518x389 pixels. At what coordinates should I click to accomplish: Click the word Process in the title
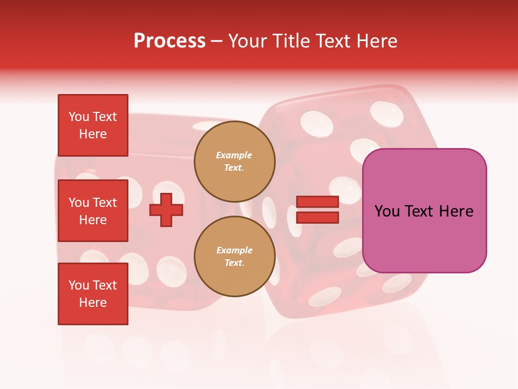[169, 41]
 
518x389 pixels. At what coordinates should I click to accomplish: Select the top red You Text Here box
[93, 125]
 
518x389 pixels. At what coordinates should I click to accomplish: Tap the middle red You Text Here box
[93, 211]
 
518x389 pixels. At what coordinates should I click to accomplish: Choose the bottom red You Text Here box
[93, 294]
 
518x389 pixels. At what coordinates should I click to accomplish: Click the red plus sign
[166, 210]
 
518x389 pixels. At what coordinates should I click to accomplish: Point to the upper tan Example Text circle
[234, 161]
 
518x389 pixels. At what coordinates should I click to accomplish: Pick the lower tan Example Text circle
[234, 256]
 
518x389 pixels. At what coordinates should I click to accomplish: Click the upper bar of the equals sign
[318, 202]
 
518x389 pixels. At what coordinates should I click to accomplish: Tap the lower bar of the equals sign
[318, 217]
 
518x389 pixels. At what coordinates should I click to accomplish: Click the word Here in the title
[376, 41]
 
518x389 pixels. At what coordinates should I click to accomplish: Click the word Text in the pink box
[419, 211]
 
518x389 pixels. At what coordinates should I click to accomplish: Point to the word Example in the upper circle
[234, 155]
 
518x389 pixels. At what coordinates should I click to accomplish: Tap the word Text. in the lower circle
[234, 263]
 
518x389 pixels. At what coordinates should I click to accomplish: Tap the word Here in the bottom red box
[93, 303]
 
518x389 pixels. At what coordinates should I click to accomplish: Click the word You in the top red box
[79, 117]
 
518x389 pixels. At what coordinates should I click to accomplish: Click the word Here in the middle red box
[93, 220]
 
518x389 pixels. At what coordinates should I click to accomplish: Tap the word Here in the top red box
[93, 134]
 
